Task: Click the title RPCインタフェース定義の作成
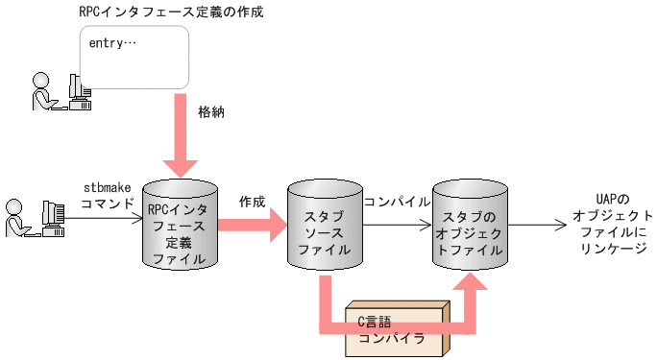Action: (172, 12)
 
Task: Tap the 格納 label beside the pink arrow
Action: (211, 111)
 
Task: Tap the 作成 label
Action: (253, 203)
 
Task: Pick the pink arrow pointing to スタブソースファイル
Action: (254, 228)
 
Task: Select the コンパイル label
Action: (397, 203)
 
